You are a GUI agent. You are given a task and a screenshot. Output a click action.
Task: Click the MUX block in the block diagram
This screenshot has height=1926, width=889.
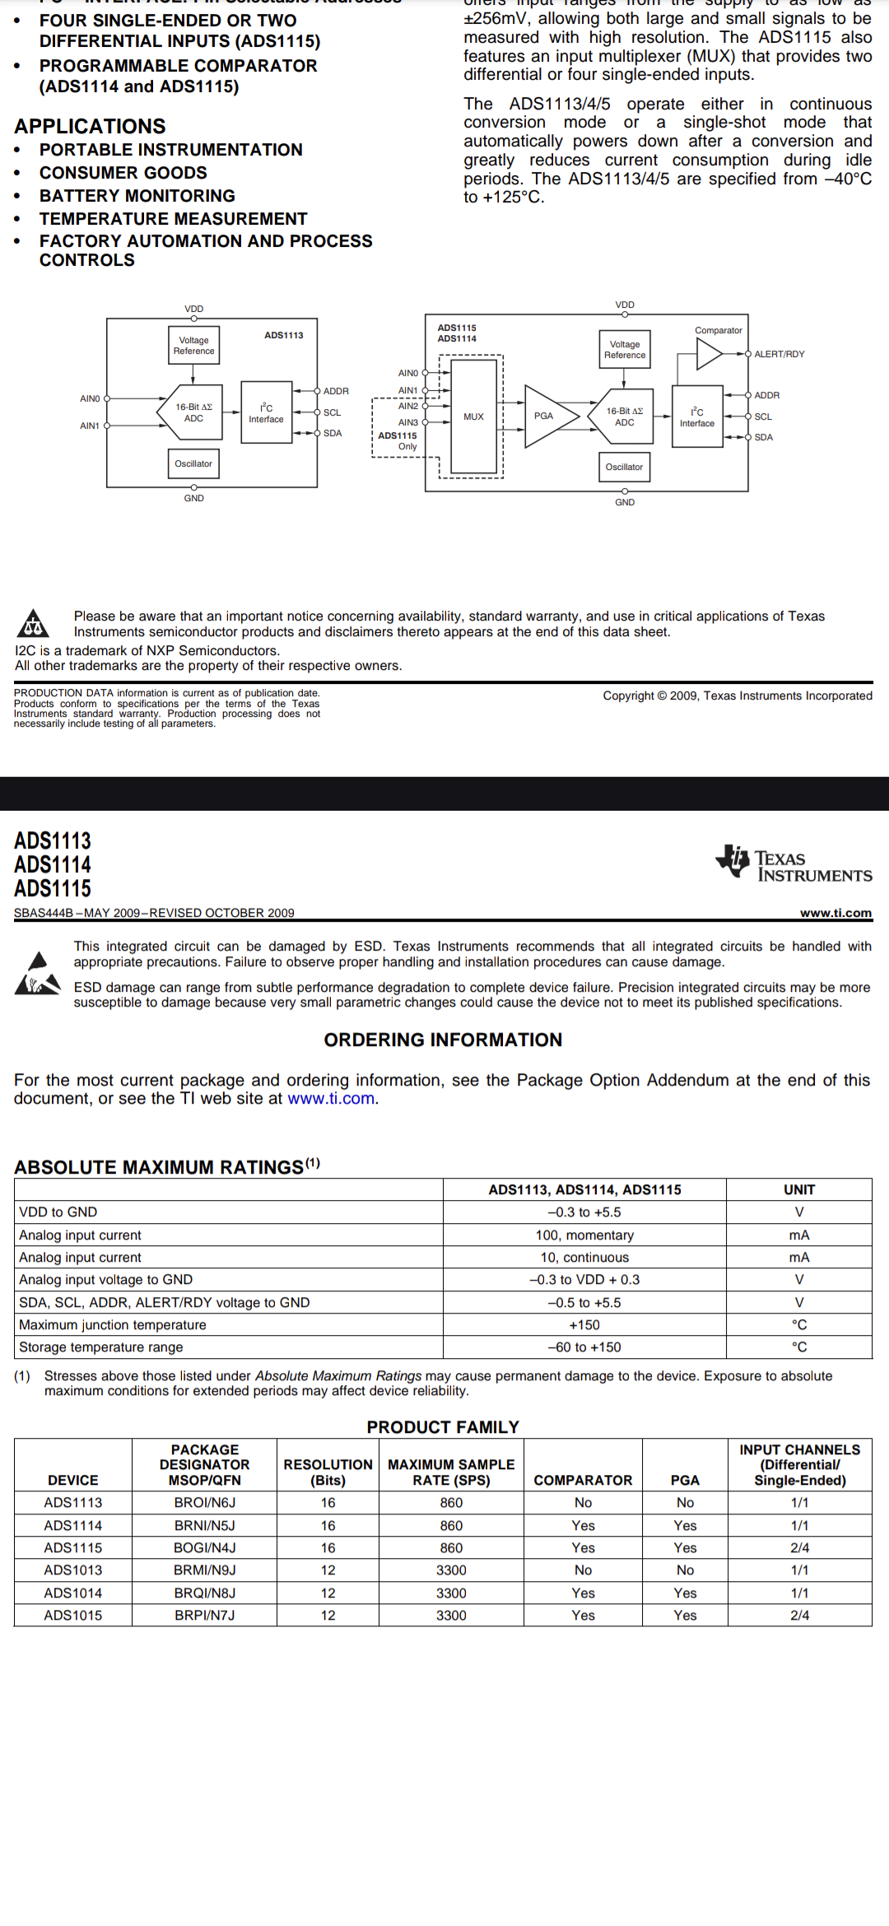pos(473,416)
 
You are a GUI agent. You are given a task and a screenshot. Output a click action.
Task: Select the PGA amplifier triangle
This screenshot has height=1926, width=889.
pos(547,416)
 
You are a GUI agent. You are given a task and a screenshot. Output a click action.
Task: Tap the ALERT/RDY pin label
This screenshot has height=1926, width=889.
pos(779,354)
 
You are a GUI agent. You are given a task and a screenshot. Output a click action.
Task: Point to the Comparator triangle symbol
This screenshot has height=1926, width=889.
pos(709,354)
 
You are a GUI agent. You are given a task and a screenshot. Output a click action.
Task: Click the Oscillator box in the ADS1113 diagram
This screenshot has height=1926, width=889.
pos(193,463)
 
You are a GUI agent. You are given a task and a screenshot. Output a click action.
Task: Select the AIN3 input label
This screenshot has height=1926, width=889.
pos(408,422)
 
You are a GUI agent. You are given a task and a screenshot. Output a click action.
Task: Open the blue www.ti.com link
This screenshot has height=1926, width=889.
pos(331,1098)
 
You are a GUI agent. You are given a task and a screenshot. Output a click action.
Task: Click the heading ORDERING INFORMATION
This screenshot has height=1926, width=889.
pos(443,1040)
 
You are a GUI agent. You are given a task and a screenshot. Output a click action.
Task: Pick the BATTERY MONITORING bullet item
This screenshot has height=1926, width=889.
pos(137,196)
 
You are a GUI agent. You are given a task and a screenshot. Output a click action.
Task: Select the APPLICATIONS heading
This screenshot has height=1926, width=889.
pos(90,126)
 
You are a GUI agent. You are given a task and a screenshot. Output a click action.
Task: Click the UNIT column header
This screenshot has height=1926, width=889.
pos(798,1189)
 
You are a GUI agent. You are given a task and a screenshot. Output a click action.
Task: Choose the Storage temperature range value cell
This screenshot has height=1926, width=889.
pos(584,1347)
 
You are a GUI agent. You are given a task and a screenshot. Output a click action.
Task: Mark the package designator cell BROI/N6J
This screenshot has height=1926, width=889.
pos(204,1502)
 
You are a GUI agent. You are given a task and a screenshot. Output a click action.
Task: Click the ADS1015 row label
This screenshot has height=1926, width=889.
pos(73,1615)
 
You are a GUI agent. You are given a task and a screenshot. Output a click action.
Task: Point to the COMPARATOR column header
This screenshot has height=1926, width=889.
pos(583,1480)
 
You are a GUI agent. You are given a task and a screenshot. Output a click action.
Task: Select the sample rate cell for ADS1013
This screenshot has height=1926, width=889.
pos(451,1570)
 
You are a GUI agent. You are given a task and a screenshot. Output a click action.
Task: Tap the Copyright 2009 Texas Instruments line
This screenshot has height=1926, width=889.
pos(737,695)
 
